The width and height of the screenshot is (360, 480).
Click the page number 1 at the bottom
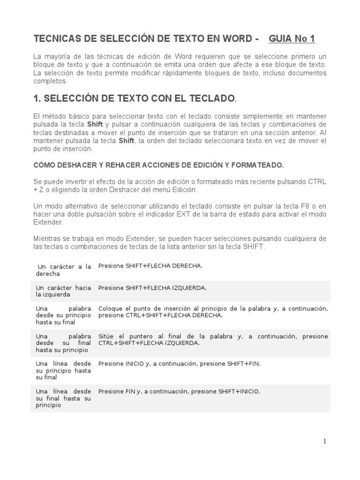[324, 441]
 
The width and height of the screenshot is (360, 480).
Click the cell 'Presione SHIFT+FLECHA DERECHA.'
[150, 266]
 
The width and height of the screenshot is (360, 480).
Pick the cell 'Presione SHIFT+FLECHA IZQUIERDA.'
[152, 288]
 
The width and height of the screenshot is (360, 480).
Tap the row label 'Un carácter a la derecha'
[63, 270]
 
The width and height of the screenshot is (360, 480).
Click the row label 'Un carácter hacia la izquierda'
[63, 291]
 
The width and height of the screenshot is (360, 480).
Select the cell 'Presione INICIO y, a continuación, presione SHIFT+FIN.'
[179, 363]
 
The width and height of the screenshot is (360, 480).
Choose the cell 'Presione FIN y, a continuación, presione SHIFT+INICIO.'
[179, 391]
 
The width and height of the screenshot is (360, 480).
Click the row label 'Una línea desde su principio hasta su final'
[63, 370]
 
